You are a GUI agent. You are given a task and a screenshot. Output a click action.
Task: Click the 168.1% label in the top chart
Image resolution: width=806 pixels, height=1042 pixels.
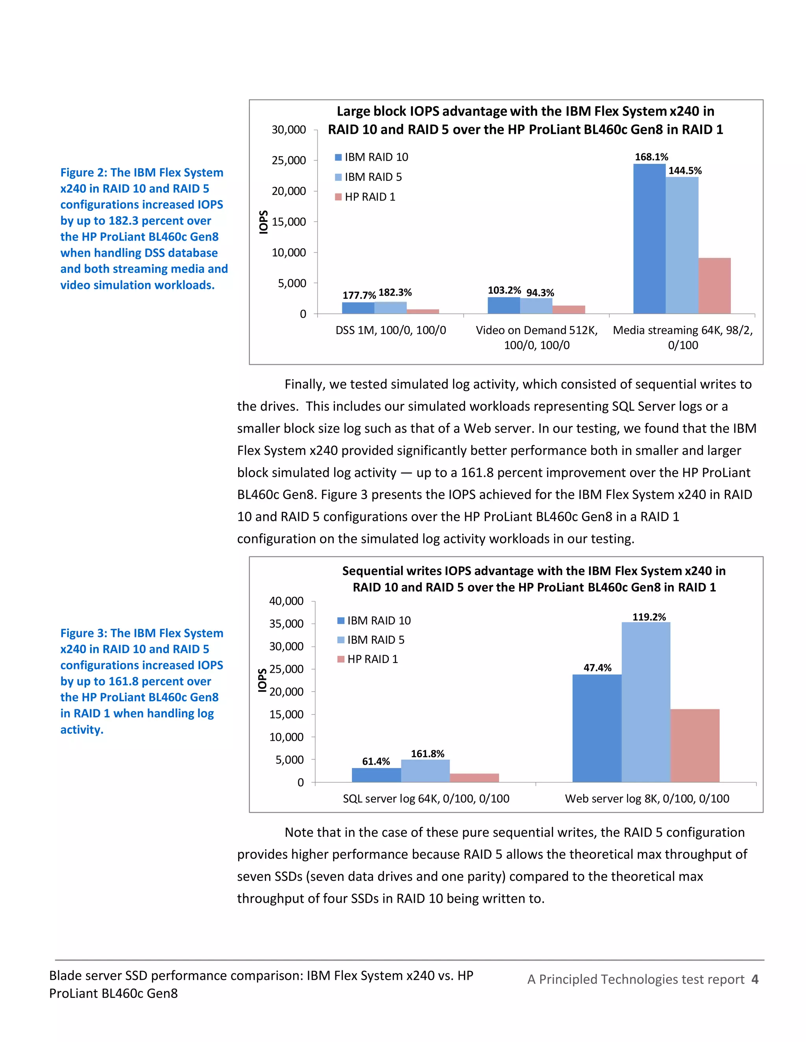tap(651, 157)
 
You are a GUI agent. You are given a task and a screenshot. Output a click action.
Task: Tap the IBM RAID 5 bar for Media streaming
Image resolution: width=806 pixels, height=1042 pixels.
tap(682, 245)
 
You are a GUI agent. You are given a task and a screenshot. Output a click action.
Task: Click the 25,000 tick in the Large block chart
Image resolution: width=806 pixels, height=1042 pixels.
tap(288, 160)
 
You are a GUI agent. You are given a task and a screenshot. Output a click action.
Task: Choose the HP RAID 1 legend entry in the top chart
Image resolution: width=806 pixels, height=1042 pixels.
tap(365, 197)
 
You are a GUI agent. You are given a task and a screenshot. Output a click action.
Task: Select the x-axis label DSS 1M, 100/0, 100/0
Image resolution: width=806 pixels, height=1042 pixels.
tap(390, 330)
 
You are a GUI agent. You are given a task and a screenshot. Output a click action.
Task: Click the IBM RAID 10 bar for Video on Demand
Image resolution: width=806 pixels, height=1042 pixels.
tap(503, 306)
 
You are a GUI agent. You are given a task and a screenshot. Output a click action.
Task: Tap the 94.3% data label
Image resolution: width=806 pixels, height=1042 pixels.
tap(540, 293)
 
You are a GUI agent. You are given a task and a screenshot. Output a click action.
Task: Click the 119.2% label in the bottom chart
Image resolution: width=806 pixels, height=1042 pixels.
tap(649, 617)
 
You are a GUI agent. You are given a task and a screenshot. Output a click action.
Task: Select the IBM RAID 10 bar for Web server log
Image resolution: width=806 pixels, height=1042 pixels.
tap(597, 728)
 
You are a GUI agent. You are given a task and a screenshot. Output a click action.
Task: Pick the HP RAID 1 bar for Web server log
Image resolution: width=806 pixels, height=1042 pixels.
tap(695, 745)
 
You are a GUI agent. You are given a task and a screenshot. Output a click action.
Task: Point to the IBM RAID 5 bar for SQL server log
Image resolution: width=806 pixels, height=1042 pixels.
tap(425, 771)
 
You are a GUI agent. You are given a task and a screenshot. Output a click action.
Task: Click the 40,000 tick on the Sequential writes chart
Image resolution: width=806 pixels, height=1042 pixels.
tap(286, 601)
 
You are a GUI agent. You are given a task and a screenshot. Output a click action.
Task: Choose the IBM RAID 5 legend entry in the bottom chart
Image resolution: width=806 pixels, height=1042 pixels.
tap(371, 640)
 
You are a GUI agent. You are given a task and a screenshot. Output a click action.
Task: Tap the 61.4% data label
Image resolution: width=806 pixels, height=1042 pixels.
tap(376, 762)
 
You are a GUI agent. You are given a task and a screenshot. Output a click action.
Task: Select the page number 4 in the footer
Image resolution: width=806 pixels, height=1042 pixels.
tap(754, 979)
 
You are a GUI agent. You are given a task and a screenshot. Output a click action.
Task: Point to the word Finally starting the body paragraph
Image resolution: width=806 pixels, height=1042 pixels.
tap(305, 384)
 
